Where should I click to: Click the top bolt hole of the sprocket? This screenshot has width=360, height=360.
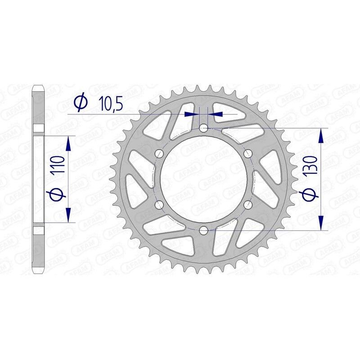pos(203,128)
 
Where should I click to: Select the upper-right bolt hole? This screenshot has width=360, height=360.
pos(247,154)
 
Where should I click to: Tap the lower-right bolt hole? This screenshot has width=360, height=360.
pos(247,205)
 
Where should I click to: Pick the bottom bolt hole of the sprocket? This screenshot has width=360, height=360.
pos(203,231)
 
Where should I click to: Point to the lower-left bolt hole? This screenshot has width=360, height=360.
pos(158,205)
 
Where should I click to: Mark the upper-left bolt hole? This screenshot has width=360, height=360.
pos(158,154)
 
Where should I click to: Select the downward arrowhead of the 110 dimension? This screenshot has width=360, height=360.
pos(68,215)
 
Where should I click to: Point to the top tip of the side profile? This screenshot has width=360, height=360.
pos(38,85)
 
